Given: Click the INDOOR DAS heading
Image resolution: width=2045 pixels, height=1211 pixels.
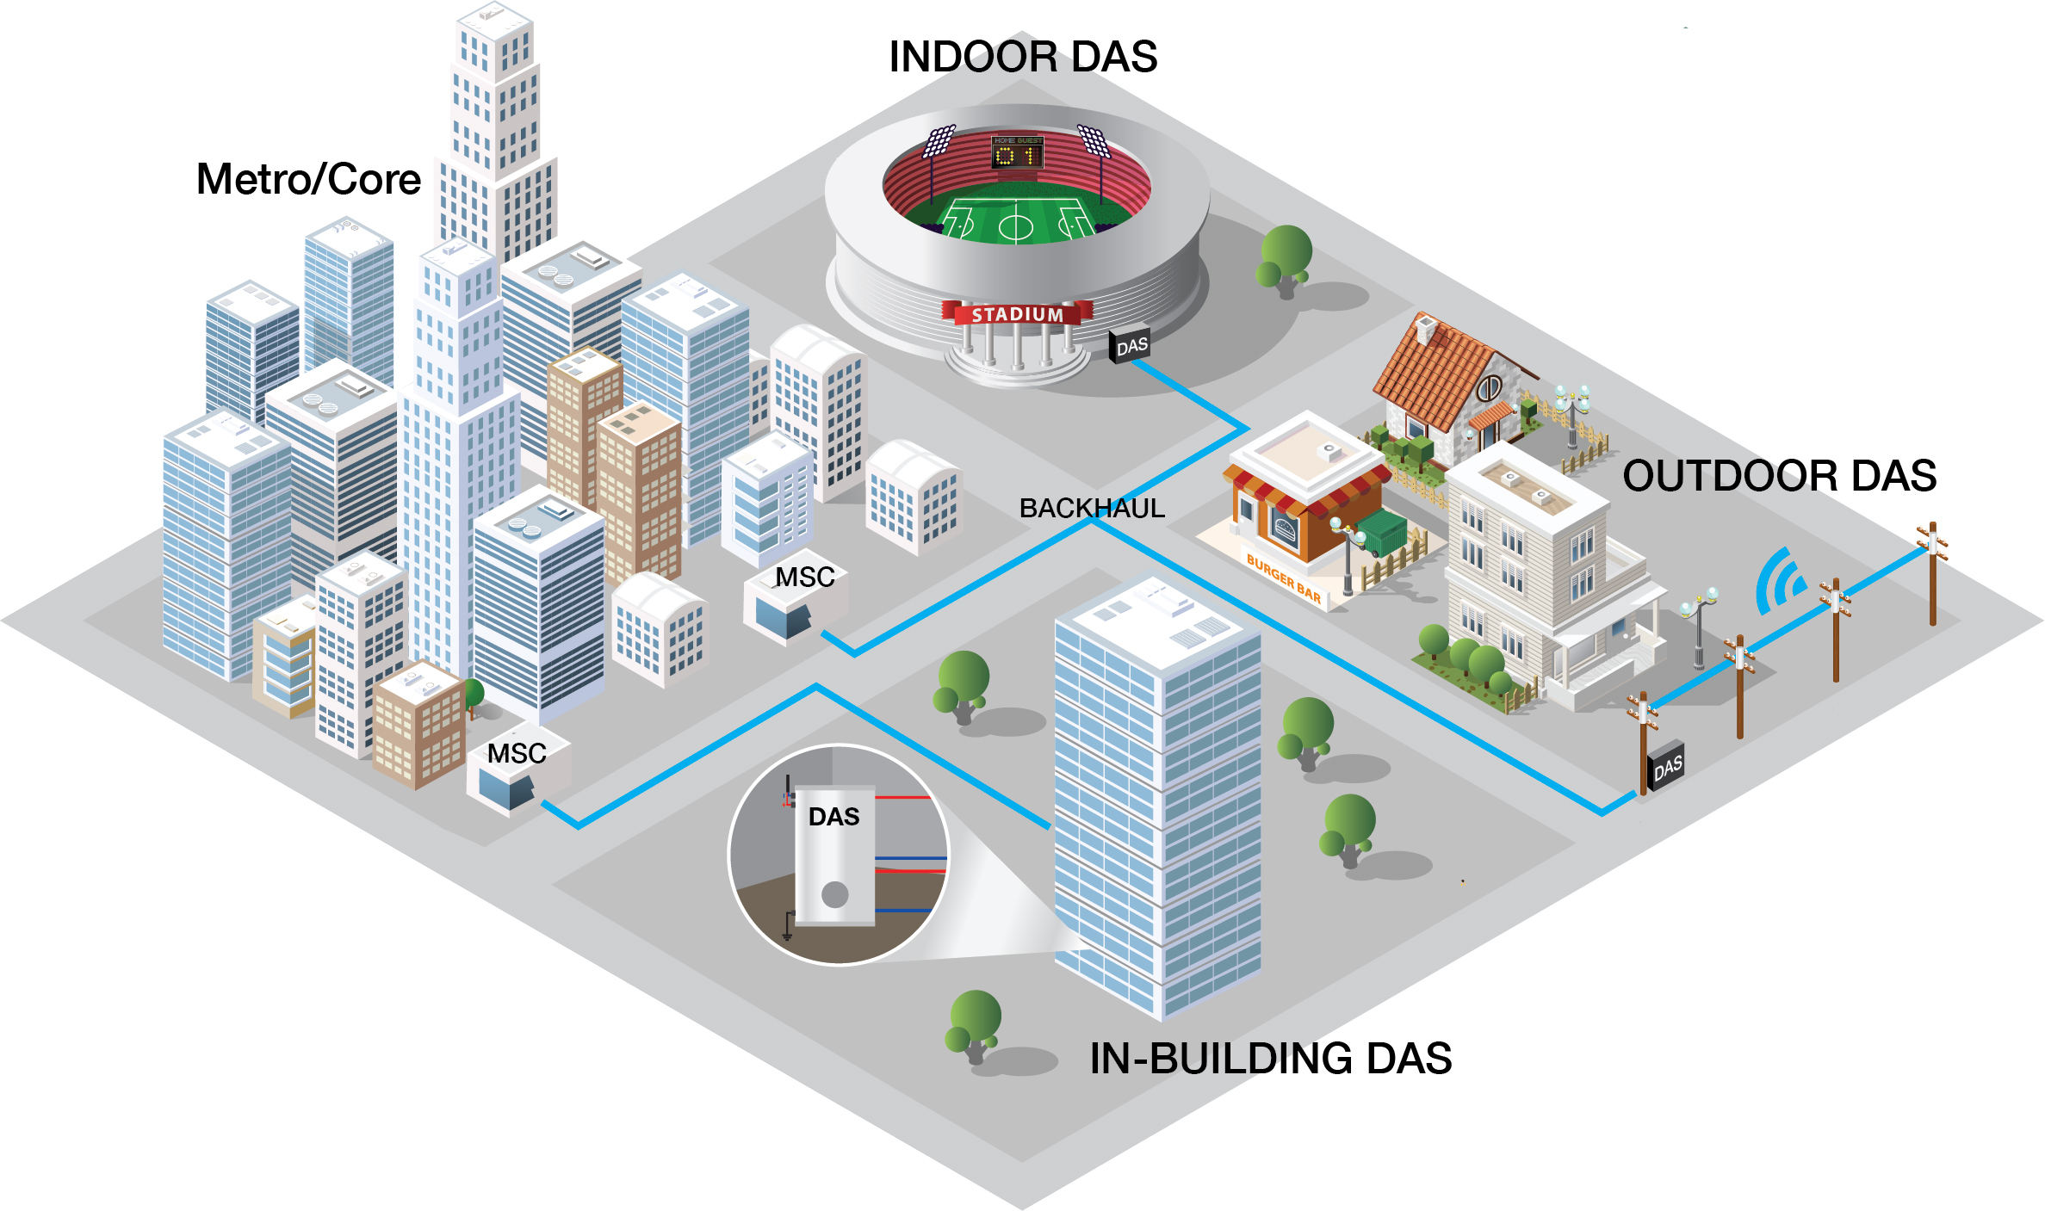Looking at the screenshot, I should click(x=1023, y=57).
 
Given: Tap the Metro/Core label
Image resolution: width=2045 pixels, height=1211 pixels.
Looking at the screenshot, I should click(x=308, y=179).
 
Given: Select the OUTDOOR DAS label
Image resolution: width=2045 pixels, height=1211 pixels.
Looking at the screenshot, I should click(x=1779, y=476).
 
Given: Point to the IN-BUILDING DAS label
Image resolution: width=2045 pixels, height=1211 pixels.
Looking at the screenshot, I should click(x=1270, y=1058).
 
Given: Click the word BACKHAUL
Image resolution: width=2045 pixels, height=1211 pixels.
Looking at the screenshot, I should click(x=1091, y=508).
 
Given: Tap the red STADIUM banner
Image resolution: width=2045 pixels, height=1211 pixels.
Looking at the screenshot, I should click(x=1017, y=314).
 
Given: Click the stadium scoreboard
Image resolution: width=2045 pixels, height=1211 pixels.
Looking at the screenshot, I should click(x=1018, y=152).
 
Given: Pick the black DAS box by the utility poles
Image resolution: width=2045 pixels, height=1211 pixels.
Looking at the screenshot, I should click(x=1666, y=766).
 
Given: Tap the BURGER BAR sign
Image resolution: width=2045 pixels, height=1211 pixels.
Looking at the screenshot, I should click(x=1283, y=579).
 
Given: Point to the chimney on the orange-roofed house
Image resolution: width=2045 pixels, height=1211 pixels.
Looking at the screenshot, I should click(x=1426, y=328).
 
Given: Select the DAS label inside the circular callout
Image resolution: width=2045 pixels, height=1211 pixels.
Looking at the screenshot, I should click(x=833, y=816).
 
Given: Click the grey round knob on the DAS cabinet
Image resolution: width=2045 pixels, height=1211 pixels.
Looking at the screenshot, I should click(x=834, y=894).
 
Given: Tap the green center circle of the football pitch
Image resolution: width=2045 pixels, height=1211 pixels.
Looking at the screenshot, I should click(x=1015, y=227).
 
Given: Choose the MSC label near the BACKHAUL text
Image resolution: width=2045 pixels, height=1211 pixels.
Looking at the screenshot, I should click(x=804, y=577).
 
